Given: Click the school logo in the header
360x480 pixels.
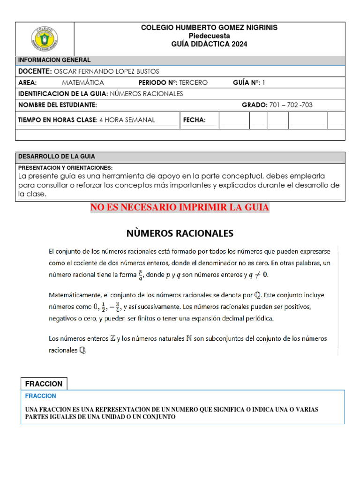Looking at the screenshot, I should click(x=45, y=38).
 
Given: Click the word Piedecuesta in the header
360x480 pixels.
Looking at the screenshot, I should click(x=209, y=36).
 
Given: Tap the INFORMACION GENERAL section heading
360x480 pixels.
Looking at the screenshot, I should click(x=54, y=60).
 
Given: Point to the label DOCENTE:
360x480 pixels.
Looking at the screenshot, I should click(x=35, y=71).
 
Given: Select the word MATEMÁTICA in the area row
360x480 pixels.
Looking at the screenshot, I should click(x=83, y=82).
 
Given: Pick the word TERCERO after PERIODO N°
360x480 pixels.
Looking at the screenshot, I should click(x=194, y=82).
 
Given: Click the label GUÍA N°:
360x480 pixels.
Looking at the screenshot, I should click(x=246, y=82).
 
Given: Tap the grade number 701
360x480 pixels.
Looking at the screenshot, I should click(x=276, y=105).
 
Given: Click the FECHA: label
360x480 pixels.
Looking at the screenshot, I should click(x=194, y=120).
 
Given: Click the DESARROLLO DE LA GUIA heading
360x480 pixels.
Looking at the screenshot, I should click(x=56, y=157).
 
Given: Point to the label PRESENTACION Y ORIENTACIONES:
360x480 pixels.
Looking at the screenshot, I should click(x=65, y=167).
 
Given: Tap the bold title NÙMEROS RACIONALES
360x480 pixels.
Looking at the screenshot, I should click(x=180, y=233).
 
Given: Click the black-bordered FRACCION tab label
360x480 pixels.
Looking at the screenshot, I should click(x=44, y=383).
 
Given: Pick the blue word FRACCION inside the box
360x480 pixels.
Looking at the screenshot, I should click(x=40, y=396).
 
